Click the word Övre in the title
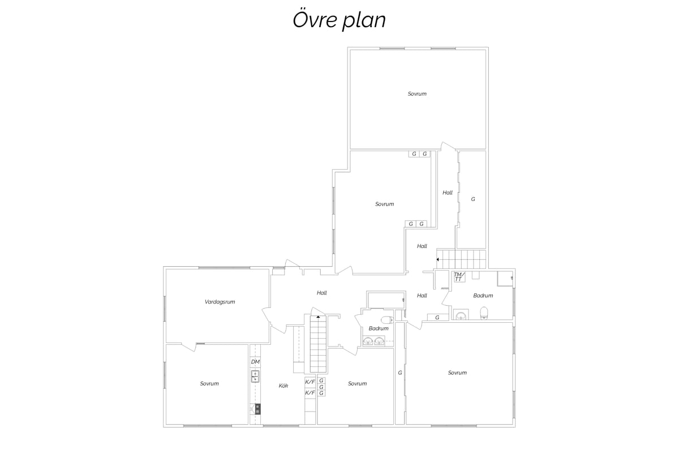point(315,19)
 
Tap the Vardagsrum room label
point(220,302)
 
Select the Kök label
point(283,386)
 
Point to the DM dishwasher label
point(255,362)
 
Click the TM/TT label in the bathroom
point(459,277)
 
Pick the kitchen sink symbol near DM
point(255,376)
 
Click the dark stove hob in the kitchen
point(257,409)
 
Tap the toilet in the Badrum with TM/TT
point(484,313)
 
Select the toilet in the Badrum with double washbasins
point(387,320)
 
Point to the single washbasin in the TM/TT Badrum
point(461,315)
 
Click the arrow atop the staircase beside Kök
point(318,317)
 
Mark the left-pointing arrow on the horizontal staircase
point(437,259)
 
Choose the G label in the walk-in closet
point(473,199)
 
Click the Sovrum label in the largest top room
point(417,94)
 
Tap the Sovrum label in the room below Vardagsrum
point(209,383)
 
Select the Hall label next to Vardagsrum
point(321,293)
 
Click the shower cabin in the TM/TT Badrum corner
point(505,279)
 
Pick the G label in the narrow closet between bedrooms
point(400,373)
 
